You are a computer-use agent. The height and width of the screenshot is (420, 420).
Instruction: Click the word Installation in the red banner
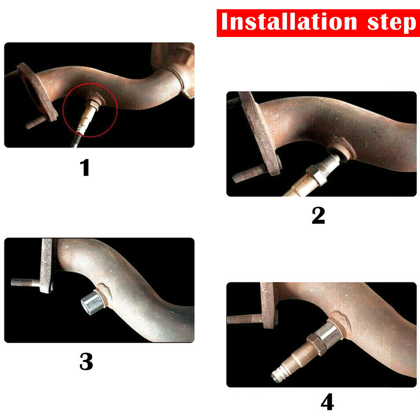(289, 22)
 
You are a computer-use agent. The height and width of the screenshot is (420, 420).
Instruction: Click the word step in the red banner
(391, 24)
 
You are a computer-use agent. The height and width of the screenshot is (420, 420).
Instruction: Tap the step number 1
(85, 168)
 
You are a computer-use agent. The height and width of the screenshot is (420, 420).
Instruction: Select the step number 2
(318, 215)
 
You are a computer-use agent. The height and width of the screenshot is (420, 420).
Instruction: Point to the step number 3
(86, 361)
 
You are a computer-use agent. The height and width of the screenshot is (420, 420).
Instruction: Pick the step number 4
(327, 402)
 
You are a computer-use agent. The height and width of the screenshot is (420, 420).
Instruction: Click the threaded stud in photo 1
(36, 122)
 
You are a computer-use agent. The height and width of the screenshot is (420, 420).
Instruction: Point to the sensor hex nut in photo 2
(316, 176)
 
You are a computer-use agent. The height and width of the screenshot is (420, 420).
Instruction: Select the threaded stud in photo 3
(26, 282)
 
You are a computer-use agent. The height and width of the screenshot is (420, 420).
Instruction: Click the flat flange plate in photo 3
(47, 265)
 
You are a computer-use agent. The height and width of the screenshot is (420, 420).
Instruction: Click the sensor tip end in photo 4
(276, 376)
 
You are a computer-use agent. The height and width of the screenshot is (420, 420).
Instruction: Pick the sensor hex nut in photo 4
(316, 344)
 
